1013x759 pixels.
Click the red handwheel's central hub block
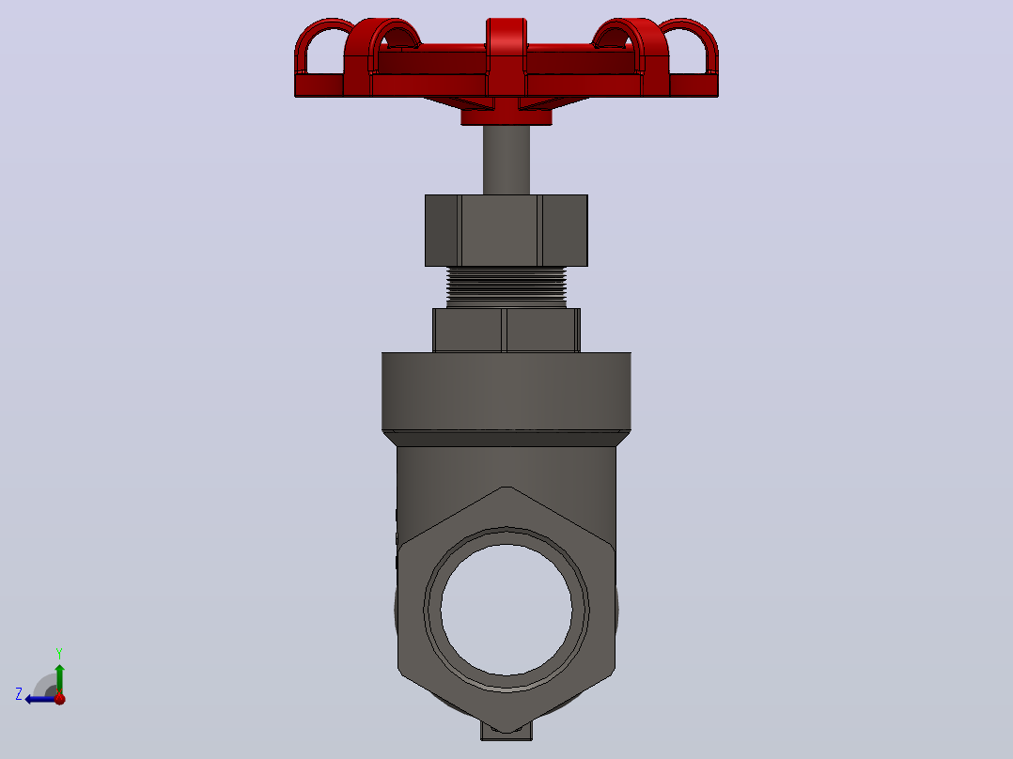(506, 57)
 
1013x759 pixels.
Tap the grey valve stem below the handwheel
(506, 160)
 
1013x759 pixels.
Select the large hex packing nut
(506, 230)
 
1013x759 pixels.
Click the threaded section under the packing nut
(506, 287)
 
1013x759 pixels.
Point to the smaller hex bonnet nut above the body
(506, 330)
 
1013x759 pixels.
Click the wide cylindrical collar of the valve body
(506, 391)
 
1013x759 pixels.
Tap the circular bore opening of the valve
(506, 610)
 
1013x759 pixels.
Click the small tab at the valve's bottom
(506, 731)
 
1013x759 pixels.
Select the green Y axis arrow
(59, 679)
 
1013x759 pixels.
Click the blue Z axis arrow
(40, 699)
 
